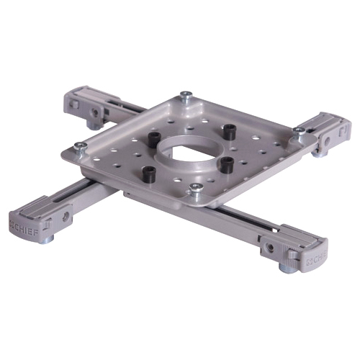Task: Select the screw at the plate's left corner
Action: click(x=81, y=146)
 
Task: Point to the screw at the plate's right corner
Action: click(x=299, y=131)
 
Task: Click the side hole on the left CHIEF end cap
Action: click(x=66, y=215)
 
